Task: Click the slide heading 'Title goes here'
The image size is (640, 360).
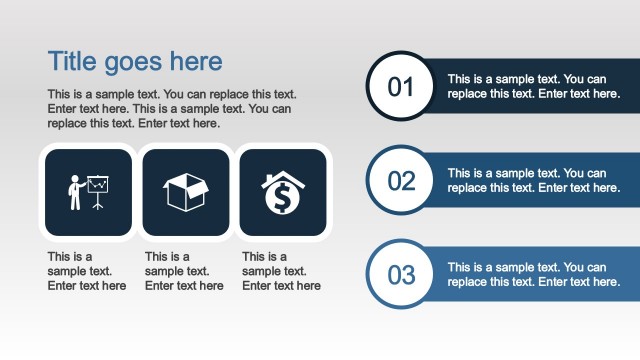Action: click(135, 61)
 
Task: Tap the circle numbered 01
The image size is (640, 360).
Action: click(400, 87)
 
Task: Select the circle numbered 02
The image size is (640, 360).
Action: click(400, 180)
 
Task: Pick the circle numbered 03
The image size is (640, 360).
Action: click(400, 274)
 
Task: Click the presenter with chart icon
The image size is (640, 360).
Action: click(88, 192)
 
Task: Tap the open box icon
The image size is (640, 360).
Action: click(186, 192)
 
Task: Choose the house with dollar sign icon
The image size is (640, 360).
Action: click(283, 192)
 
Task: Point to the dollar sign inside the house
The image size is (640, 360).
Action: click(283, 199)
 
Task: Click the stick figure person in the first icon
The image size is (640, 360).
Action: click(74, 193)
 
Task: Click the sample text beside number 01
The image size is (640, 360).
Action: click(527, 86)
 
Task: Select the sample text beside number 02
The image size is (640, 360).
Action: click(527, 180)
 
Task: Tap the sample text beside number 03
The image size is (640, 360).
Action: click(527, 274)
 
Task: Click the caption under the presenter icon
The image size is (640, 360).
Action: click(87, 271)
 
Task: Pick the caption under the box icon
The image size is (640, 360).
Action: click(184, 271)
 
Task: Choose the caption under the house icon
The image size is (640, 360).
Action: click(281, 271)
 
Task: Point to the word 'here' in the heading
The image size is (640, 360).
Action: click(196, 61)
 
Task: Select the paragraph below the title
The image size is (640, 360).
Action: click(170, 109)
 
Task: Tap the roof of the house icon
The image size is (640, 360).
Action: click(283, 180)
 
